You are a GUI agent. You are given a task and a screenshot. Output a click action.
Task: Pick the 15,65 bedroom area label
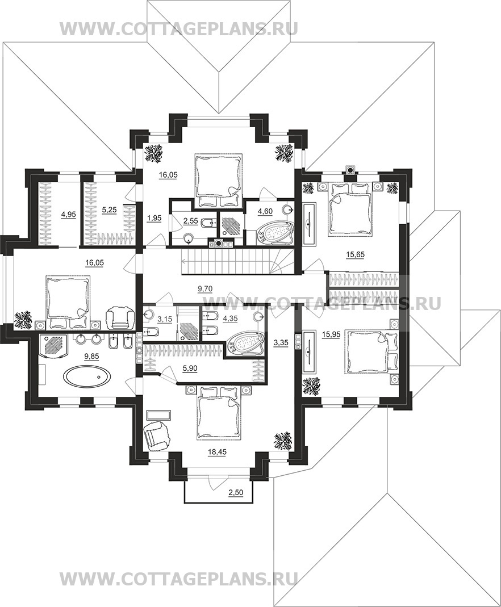click(x=356, y=255)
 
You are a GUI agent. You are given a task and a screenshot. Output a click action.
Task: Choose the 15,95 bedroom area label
click(x=331, y=335)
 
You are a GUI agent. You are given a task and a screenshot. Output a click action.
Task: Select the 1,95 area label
click(x=154, y=218)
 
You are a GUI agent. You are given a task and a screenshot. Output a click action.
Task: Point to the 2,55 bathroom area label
click(x=190, y=221)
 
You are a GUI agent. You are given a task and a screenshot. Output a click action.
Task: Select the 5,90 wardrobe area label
click(x=190, y=369)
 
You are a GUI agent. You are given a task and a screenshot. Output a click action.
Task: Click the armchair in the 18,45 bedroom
click(x=157, y=435)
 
